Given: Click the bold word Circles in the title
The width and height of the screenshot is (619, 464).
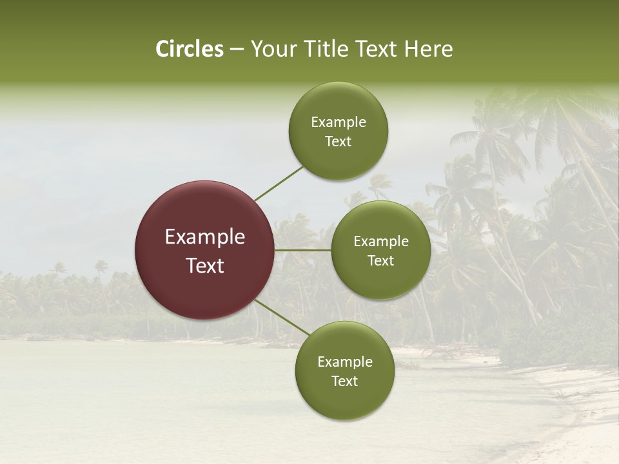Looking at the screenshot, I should point(190,49).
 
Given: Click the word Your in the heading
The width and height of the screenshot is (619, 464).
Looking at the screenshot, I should point(272,49).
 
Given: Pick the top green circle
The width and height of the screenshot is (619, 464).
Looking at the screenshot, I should point(339,103).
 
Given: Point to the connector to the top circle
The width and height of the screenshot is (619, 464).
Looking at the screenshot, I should point(279,183).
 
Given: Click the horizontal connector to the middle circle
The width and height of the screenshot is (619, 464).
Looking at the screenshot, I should point(303,250).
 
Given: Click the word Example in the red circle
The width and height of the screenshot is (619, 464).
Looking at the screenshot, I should point(205,237).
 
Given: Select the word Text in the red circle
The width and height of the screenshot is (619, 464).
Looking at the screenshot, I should point(205,266).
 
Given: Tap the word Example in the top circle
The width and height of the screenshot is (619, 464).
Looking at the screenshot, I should point(339,122).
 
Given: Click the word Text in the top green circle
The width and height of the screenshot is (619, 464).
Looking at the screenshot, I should point(339,142).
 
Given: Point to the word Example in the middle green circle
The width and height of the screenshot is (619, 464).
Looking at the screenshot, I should point(381,242).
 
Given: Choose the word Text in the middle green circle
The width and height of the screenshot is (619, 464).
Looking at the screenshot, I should point(381,261).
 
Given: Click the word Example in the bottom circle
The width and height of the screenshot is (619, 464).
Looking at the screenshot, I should point(345,362).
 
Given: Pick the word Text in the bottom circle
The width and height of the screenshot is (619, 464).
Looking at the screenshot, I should point(345,382).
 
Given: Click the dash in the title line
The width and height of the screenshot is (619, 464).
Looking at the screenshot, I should point(237,50).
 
